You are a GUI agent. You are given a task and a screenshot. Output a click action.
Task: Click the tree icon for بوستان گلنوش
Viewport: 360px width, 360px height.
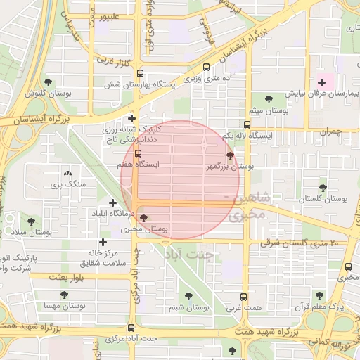49,82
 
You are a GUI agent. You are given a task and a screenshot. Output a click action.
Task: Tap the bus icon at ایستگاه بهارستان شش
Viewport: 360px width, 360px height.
140,73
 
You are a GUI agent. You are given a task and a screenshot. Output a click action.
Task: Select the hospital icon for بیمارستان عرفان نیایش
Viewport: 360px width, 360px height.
321,82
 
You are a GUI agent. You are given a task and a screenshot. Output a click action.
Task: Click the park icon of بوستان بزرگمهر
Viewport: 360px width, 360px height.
230,155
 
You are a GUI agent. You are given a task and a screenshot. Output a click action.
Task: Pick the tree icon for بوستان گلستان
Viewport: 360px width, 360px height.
323,188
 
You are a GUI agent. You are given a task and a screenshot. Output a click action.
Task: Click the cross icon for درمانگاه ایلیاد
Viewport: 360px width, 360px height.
112,202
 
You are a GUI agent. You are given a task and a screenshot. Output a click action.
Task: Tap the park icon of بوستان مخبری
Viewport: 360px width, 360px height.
144,218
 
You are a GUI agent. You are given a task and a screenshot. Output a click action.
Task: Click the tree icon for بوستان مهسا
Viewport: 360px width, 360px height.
64,295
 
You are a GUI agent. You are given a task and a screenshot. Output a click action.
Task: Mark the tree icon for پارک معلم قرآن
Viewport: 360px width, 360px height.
320,295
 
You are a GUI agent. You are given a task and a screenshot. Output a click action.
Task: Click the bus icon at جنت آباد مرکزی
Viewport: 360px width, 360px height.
131,327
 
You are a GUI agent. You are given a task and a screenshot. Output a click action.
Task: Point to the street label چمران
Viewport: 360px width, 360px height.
328,131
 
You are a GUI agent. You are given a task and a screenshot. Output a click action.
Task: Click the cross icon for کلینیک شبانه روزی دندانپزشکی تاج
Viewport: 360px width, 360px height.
131,118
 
